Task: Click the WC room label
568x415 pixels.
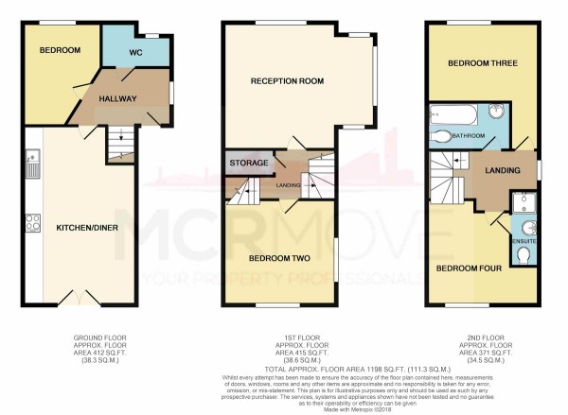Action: (135, 53)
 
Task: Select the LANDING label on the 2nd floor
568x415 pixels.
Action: (499, 170)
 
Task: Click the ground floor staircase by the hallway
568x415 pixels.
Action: (120, 145)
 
